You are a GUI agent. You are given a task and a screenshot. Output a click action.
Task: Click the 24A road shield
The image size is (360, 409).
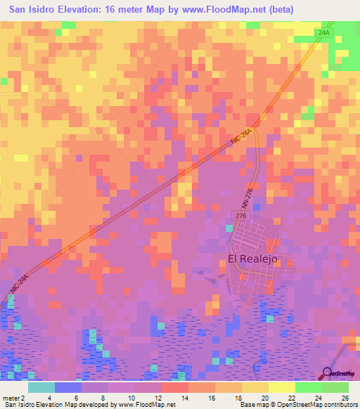pos(323,33)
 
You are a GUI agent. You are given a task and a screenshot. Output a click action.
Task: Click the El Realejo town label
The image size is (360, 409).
pos(253,259)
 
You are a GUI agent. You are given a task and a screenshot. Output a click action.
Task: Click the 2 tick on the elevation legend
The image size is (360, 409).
pos(24,397)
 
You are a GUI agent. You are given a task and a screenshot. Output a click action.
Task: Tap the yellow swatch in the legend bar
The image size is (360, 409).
pos(282,387)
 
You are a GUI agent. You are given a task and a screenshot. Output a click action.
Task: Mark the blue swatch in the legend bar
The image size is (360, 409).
pos(68,387)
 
